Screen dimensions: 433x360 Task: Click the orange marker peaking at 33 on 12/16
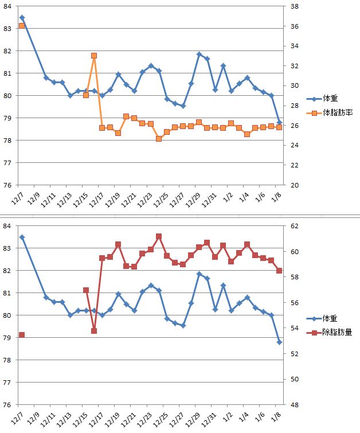tap(94, 56)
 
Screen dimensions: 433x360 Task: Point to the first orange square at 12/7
tap(22, 26)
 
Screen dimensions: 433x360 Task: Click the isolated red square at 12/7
tap(22, 335)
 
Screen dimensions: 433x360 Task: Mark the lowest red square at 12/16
tap(94, 331)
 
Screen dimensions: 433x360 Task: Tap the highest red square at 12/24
tap(159, 236)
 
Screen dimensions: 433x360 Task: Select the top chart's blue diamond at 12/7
tap(22, 18)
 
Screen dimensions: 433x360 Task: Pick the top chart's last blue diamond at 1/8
tap(279, 122)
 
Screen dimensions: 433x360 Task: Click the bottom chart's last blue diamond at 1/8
tap(279, 342)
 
